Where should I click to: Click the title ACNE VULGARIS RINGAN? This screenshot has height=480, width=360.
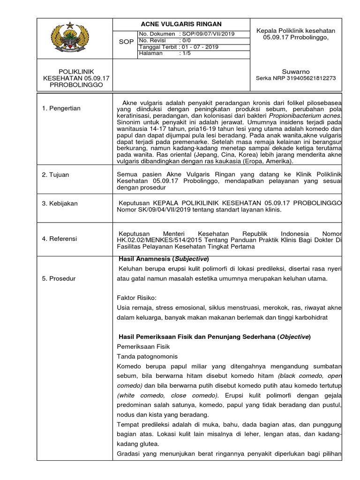[181, 24]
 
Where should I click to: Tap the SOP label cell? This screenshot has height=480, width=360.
[127, 42]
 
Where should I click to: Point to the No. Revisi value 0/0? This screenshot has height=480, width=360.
[186, 41]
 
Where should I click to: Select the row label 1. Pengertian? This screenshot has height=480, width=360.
[61, 108]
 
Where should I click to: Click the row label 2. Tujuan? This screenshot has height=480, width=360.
[55, 175]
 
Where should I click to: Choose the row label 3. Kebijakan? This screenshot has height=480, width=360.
[60, 203]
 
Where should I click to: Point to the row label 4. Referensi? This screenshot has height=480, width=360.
[60, 239]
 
